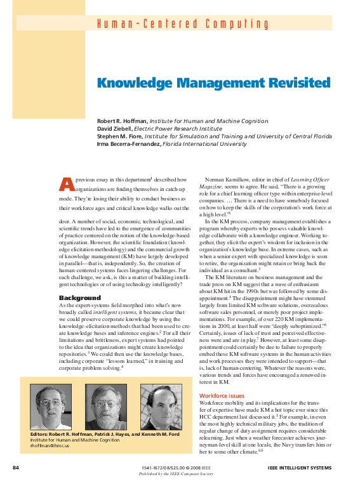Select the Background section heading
pos(80,298)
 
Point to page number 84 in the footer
pos(17,468)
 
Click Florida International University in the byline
pos(204,143)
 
